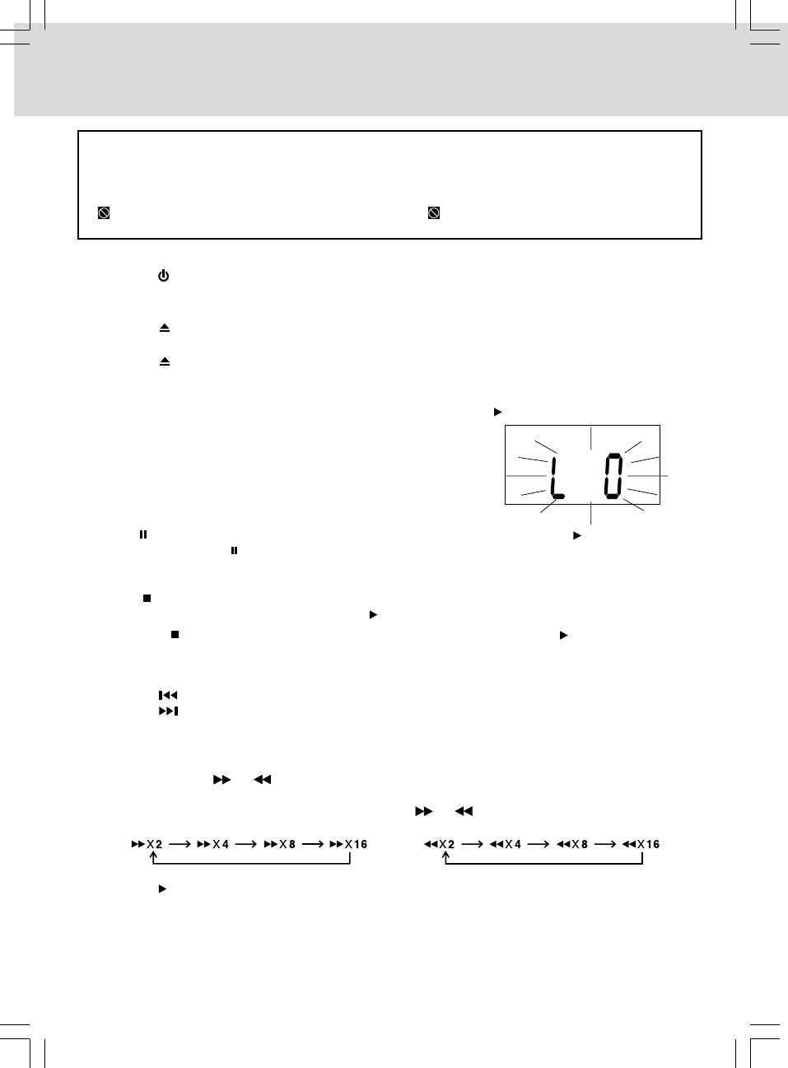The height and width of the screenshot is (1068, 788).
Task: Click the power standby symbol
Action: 163,276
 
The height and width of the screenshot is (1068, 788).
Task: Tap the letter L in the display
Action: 557,478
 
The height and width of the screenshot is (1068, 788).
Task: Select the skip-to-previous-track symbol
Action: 168,696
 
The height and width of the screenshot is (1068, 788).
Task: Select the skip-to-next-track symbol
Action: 168,711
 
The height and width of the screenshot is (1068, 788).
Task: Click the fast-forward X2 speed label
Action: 147,844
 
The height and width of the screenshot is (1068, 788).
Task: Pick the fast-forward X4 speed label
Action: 213,844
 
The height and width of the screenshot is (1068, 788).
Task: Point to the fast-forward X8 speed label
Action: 280,844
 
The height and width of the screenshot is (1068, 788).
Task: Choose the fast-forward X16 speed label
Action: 348,844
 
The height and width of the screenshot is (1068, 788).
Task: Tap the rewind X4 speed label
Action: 506,844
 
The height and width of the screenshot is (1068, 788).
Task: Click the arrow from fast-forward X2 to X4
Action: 180,844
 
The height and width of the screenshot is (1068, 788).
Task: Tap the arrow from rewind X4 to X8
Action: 539,844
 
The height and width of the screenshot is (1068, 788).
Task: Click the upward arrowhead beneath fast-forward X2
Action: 153,856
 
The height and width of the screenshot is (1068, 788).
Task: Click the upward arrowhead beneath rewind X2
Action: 445,856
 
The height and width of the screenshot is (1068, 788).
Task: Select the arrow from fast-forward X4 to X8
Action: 246,844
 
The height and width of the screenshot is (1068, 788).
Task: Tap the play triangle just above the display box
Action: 497,411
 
